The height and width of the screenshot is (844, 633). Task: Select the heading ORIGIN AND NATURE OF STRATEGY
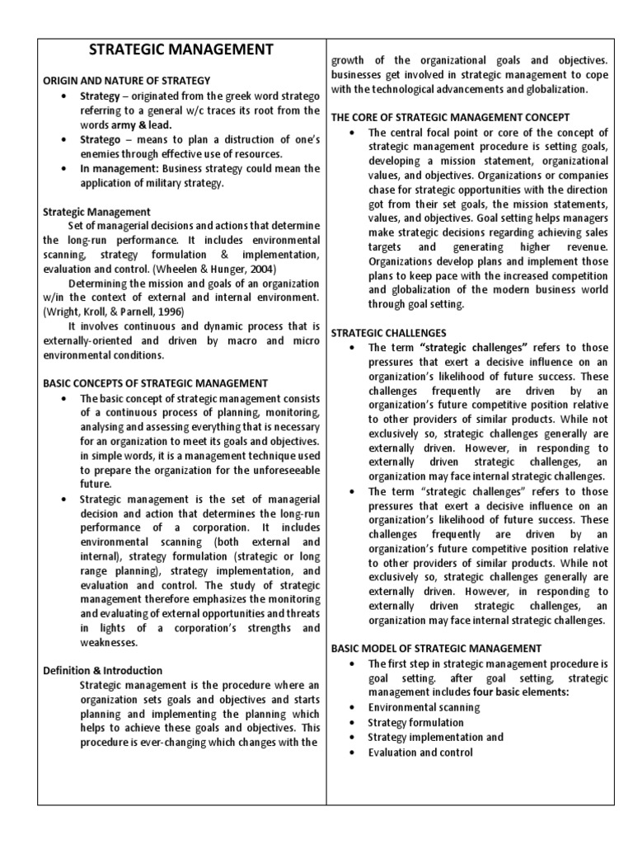click(127, 80)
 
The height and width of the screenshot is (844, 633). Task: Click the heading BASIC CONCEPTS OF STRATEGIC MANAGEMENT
click(155, 383)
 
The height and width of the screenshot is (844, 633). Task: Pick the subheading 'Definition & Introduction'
click(102, 670)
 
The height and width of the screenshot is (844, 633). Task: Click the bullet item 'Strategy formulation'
click(415, 722)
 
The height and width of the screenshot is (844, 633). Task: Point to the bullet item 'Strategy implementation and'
click(435, 737)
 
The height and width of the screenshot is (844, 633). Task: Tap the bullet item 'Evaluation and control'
click(420, 752)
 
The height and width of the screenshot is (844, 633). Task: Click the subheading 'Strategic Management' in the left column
click(96, 212)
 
